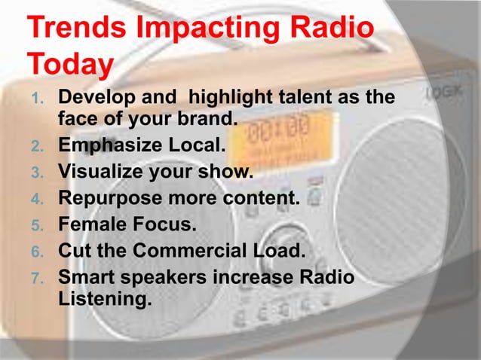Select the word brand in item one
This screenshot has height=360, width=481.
tap(210, 119)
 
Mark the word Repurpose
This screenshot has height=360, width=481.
tap(105, 200)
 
